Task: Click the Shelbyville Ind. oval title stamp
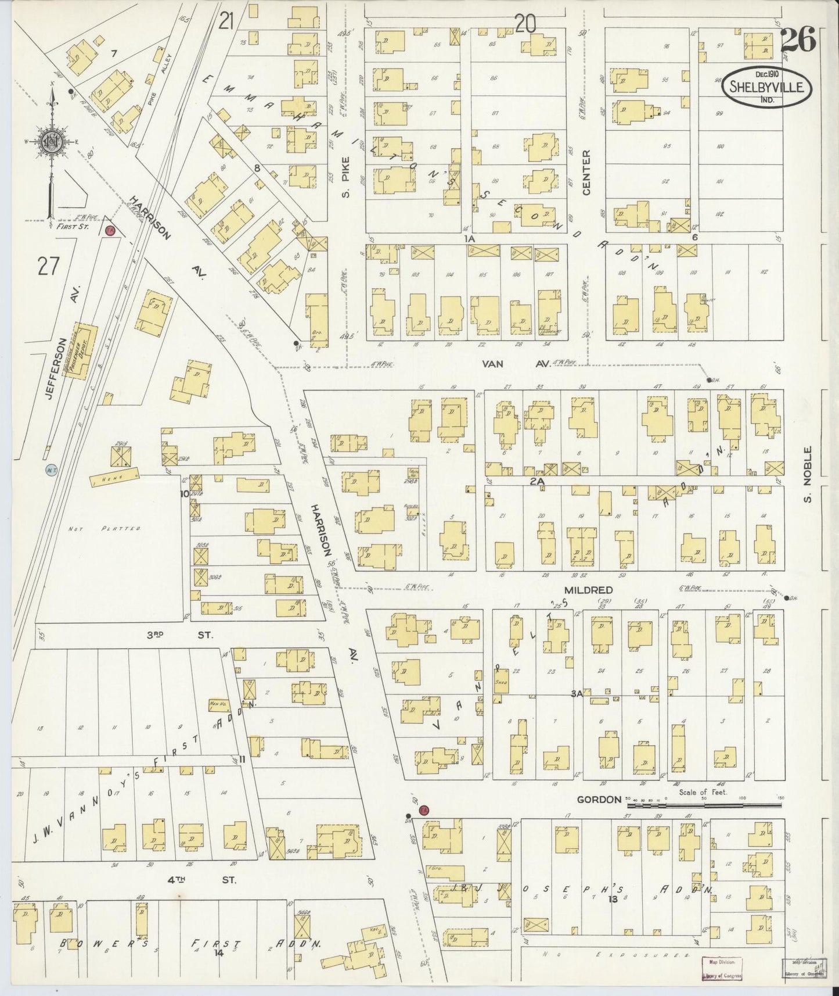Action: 767,87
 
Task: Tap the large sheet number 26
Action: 798,40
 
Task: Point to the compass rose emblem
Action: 51,140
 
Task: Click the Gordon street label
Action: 599,800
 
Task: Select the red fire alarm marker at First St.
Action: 109,231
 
